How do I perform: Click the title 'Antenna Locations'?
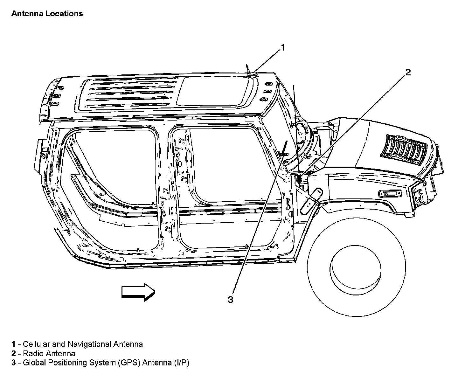[x=47, y=14]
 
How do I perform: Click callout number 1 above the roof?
[x=282, y=48]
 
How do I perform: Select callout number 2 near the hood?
[x=408, y=73]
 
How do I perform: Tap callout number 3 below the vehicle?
[x=231, y=300]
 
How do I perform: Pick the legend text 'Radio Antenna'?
[x=49, y=353]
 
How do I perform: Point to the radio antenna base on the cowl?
[x=299, y=179]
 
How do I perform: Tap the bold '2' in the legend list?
[x=13, y=353]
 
